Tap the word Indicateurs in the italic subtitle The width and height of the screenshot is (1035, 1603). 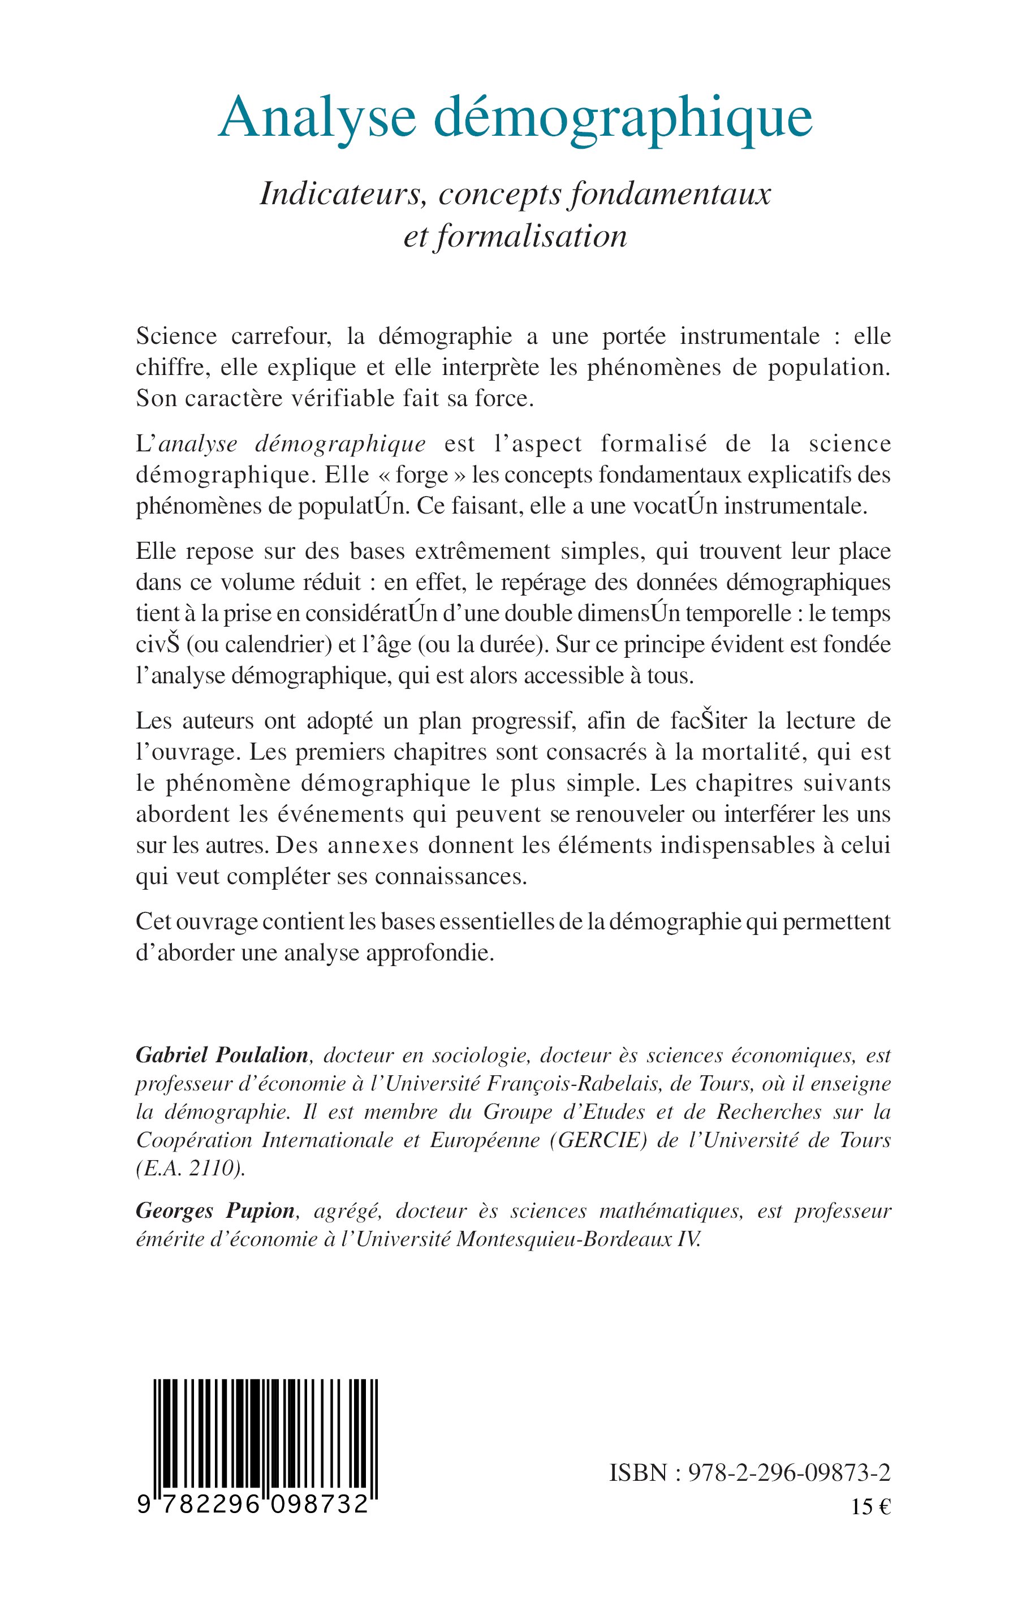click(345, 194)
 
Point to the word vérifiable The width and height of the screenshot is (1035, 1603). click(370, 399)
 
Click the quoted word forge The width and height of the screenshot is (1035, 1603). click(421, 475)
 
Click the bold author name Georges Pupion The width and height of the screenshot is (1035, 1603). click(215, 1211)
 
